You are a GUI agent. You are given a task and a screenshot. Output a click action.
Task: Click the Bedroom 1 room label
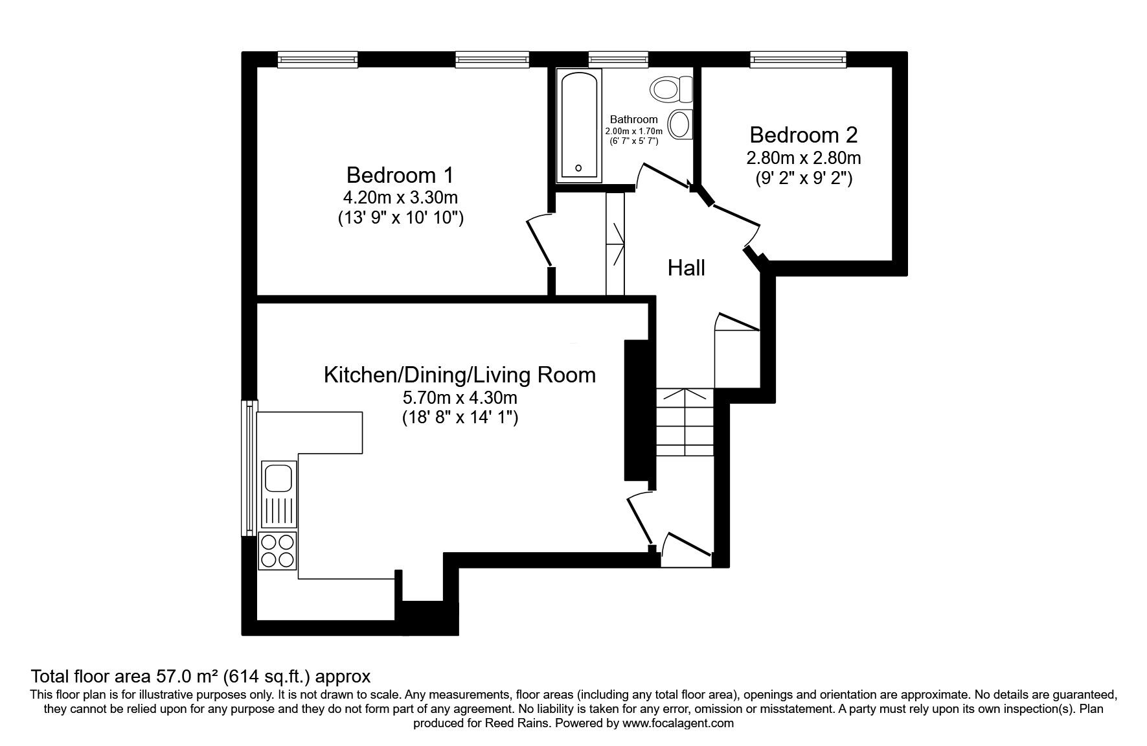tap(400, 175)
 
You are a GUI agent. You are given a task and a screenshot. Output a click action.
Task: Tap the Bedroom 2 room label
tap(804, 135)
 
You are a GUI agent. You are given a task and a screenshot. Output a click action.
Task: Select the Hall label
tap(687, 268)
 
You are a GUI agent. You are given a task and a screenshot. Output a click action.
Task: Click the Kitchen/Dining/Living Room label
tap(460, 375)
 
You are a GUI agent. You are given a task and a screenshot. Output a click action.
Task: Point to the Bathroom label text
tap(634, 119)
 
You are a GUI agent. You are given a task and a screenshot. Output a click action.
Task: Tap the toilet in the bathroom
tap(672, 89)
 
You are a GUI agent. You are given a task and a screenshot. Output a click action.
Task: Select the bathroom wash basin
tap(679, 124)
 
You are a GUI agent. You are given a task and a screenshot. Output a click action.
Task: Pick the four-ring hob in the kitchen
tap(277, 550)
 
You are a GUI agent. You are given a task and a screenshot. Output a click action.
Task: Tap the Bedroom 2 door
tap(736, 223)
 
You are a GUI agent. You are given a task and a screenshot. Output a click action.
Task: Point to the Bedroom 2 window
tap(798, 60)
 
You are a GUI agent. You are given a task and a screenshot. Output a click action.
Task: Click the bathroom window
tap(619, 60)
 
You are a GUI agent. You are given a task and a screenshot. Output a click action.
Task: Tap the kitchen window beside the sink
tap(249, 468)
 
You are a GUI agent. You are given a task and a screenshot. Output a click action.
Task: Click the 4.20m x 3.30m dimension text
tap(400, 196)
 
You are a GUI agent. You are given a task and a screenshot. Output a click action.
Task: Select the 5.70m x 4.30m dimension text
tap(460, 397)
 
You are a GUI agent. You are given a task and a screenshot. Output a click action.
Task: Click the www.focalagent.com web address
tap(678, 723)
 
